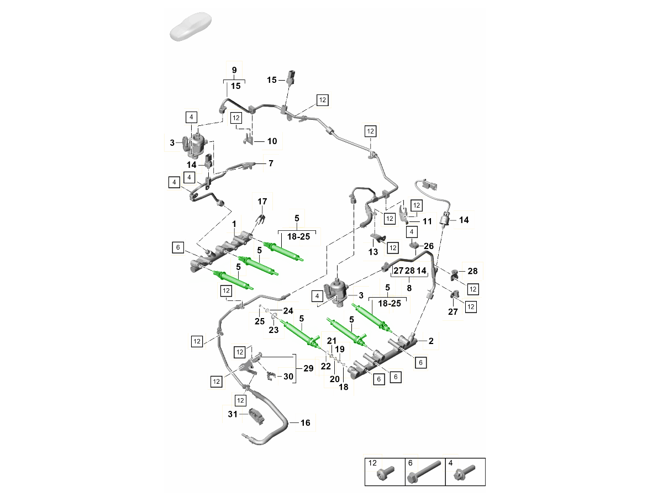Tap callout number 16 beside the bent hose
pos(306,423)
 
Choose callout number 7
pos(271,163)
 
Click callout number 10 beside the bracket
pos(272,141)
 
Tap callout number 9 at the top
pos(234,71)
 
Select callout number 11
pos(427,221)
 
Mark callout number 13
pos(373,252)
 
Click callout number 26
pos(429,246)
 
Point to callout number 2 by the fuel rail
pos(431,341)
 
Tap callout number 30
pos(288,377)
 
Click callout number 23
pos(273,330)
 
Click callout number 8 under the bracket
pos(409,288)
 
